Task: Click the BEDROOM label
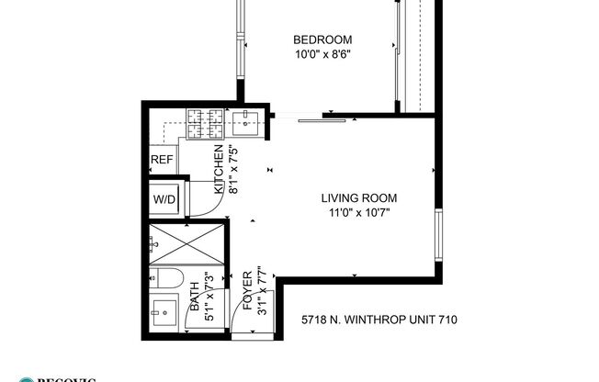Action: pos(322,39)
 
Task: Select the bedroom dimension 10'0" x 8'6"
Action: pos(322,54)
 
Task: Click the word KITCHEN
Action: pos(219,170)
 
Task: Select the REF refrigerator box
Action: pos(162,160)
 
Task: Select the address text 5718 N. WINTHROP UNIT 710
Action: pos(379,320)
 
